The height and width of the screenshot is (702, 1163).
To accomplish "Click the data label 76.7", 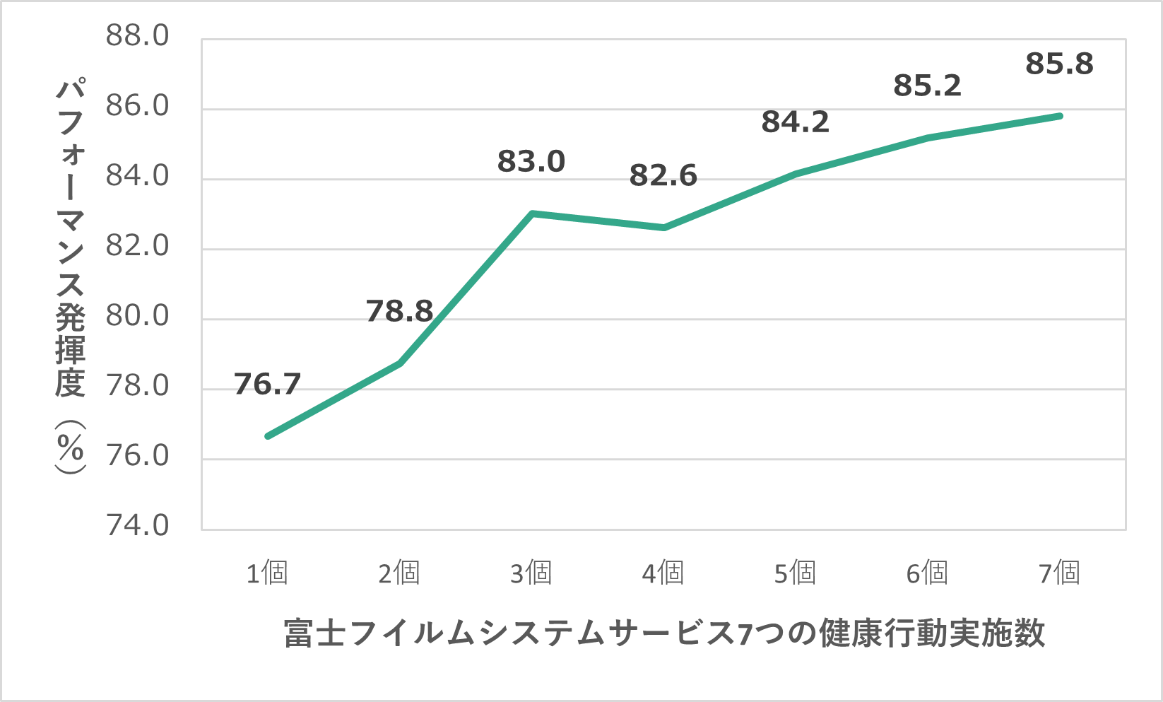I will [x=267, y=384].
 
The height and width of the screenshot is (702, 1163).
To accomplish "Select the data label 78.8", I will [x=399, y=311].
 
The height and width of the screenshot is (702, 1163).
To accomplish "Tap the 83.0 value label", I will [x=531, y=161].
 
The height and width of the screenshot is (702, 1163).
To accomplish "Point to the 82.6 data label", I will [x=663, y=175].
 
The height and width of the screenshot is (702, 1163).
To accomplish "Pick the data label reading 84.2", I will [x=796, y=122].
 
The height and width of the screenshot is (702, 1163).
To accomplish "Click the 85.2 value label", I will [x=928, y=86].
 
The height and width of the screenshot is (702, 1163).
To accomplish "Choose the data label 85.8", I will [x=1060, y=64].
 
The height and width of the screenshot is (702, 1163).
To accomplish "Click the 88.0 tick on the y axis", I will [x=138, y=35].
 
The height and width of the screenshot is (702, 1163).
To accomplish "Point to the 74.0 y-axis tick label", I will [x=138, y=525].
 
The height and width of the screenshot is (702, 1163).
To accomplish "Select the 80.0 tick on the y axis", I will [x=138, y=315].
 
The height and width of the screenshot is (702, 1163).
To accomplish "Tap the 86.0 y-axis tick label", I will [x=138, y=105].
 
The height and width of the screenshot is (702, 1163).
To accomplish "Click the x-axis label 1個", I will [x=267, y=573].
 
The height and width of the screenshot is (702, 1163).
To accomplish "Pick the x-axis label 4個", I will [x=663, y=573].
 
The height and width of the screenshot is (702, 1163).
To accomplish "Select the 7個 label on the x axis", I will [x=1060, y=573].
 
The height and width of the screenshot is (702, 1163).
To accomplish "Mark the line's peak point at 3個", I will [x=532, y=213].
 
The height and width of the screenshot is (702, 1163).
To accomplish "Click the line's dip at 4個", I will [x=664, y=228].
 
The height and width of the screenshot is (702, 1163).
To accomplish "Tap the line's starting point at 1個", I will [x=268, y=436].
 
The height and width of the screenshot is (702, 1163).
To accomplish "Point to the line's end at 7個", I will [x=1060, y=116].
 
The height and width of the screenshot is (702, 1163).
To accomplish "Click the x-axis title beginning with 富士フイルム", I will [x=664, y=633].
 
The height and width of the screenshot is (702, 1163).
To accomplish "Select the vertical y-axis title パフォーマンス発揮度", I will [x=71, y=276].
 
